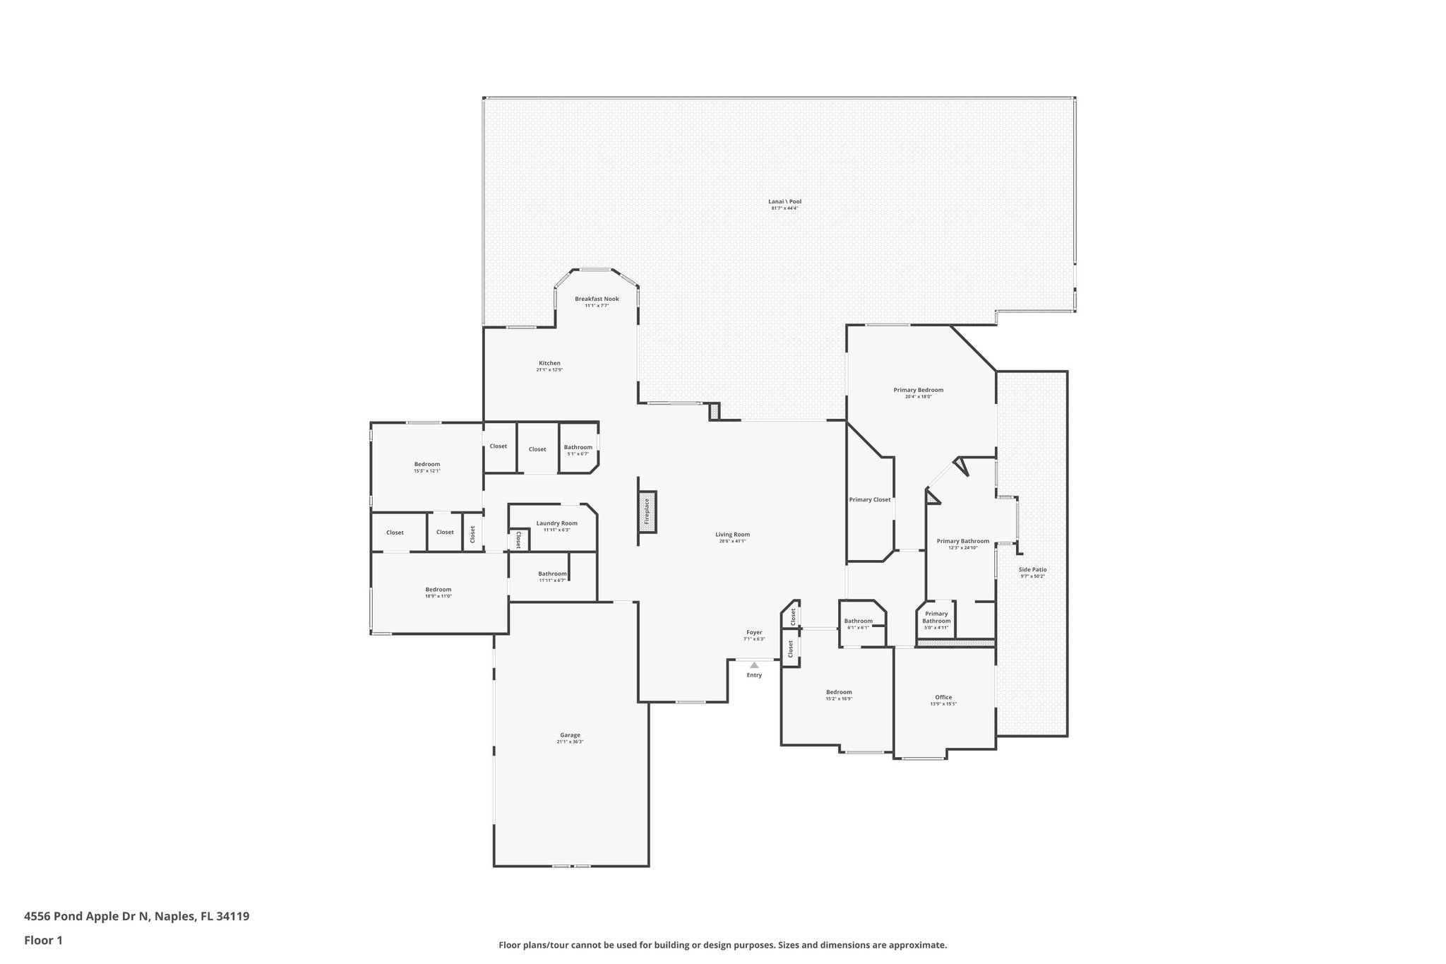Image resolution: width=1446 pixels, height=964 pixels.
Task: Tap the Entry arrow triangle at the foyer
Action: coord(754,665)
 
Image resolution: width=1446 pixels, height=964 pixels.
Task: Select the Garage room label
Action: coord(570,735)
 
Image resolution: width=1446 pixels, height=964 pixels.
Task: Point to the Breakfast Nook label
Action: coord(597,299)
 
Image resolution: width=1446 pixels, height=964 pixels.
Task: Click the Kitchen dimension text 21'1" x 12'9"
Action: coord(549,370)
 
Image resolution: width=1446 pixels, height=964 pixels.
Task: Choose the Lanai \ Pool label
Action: coord(784,201)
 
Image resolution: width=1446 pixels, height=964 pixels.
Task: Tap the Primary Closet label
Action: coord(869,500)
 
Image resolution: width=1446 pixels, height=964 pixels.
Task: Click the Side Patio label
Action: coord(1032,569)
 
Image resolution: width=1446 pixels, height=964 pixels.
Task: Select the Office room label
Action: coord(943,697)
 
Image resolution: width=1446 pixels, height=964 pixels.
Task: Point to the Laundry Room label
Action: coord(556,523)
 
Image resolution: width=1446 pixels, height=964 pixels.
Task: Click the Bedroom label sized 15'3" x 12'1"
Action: coord(426,464)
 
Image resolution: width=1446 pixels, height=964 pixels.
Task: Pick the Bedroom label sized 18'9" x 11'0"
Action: coord(438,590)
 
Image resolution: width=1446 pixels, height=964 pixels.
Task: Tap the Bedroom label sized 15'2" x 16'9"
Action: coord(839,692)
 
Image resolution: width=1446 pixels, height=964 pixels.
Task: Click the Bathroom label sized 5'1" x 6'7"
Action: coord(578,447)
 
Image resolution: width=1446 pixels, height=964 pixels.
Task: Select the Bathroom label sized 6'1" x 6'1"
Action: coord(858,621)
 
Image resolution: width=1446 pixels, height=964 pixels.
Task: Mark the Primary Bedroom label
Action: coord(918,390)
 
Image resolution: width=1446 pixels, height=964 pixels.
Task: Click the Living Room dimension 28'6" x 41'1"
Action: coord(731,541)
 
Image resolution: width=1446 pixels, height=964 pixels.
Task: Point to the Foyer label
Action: coord(754,632)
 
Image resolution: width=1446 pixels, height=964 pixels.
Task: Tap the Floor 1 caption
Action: coord(43,941)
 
